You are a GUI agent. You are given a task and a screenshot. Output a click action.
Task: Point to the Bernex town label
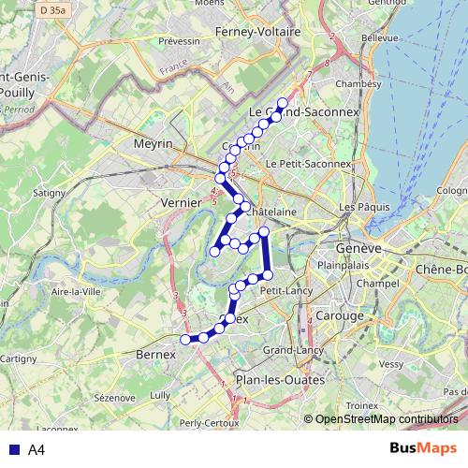156,356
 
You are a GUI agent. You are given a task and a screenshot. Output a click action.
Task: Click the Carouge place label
342,315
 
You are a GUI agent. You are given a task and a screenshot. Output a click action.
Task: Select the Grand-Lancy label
293,350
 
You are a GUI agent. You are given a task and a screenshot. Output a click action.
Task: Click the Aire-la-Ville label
77,292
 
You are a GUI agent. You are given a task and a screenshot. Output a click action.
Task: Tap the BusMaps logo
422,449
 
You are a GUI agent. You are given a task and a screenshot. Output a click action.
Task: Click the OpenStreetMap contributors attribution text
386,419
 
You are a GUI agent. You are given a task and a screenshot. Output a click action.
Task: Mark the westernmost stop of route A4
185,339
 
